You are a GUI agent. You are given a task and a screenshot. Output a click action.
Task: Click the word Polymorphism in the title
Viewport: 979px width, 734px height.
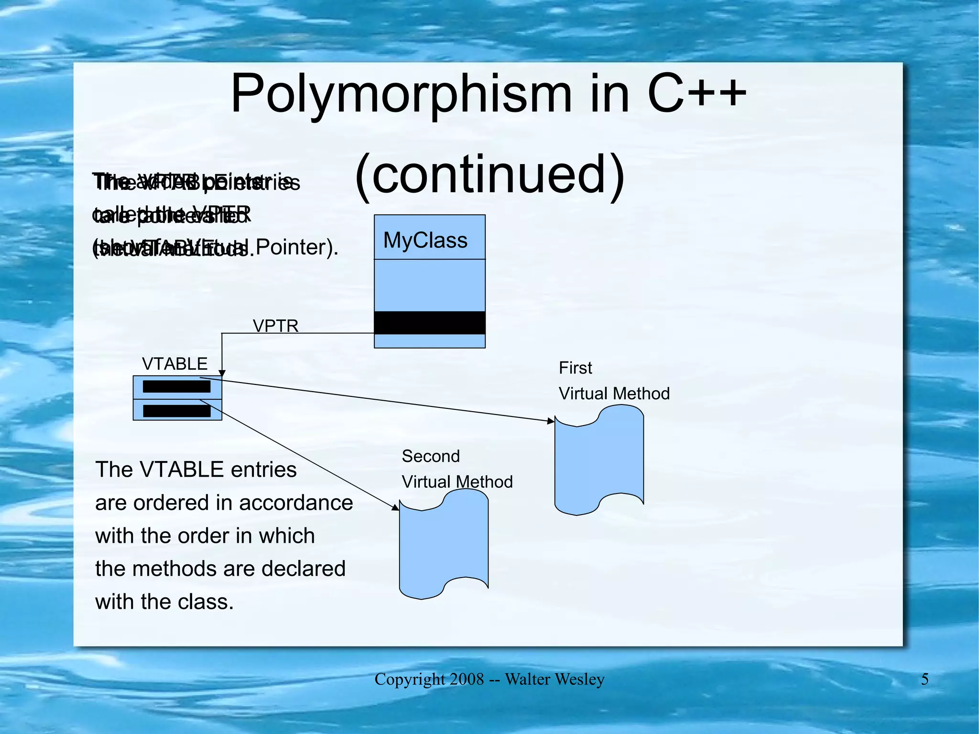tap(401, 94)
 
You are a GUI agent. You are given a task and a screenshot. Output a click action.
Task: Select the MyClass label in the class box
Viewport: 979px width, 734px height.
tap(425, 240)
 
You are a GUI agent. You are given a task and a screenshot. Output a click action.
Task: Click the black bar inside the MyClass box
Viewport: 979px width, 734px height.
tap(429, 323)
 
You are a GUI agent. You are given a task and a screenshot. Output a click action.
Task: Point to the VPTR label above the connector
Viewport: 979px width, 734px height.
tap(275, 326)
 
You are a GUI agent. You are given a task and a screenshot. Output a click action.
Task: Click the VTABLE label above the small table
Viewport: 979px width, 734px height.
tap(174, 364)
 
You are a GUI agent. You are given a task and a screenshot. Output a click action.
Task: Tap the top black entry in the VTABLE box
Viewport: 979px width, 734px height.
tap(176, 386)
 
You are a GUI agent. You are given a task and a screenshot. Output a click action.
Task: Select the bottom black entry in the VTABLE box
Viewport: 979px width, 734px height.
tap(176, 411)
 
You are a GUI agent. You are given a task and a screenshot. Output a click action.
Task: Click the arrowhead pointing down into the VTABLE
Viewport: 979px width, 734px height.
tap(222, 373)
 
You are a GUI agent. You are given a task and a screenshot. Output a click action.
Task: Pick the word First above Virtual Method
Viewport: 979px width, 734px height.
tap(575, 368)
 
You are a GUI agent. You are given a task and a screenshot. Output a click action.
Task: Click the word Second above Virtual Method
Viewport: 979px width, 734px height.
tap(430, 456)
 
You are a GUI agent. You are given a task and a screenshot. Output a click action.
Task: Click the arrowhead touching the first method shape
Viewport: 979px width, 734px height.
tap(551, 421)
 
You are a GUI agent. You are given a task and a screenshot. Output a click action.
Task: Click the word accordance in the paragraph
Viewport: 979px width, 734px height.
tap(296, 503)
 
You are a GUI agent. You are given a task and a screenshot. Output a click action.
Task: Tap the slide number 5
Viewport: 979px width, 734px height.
tap(925, 679)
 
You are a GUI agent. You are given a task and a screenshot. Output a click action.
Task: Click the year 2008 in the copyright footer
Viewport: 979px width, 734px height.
tap(466, 679)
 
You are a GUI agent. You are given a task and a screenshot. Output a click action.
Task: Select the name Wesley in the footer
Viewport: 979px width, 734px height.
tap(581, 679)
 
